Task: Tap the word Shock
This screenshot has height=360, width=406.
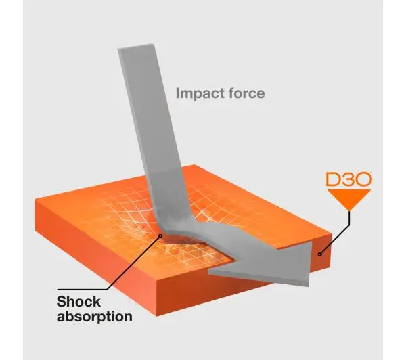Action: tap(78, 302)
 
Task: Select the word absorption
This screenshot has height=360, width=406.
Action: tap(95, 317)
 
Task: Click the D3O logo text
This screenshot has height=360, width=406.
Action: tap(349, 179)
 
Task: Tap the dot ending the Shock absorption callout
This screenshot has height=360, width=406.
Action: tap(160, 236)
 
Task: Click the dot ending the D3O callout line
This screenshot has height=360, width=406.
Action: tap(320, 254)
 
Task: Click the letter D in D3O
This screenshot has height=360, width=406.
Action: tap(333, 179)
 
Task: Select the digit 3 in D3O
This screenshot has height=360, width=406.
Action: tap(348, 179)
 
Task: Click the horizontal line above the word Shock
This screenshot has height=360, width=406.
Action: tap(83, 290)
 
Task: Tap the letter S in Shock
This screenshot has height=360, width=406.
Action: tap(62, 302)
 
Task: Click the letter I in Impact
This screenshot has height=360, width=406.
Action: tap(177, 93)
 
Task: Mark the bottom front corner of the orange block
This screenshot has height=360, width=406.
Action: tap(157, 316)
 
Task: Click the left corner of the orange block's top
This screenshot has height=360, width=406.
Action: tap(35, 200)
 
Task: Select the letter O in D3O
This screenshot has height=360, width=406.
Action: tap(363, 179)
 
